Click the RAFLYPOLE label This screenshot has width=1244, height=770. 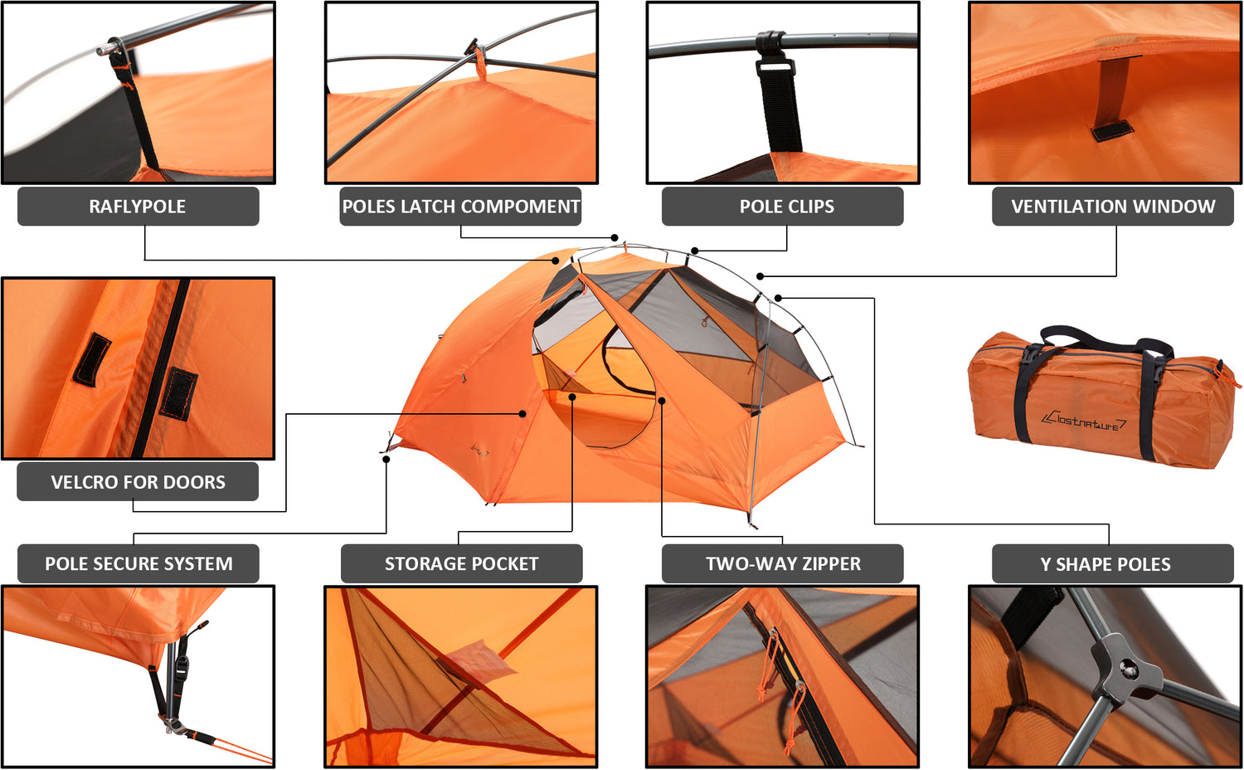138,207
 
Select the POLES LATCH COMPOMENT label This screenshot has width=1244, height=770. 460,207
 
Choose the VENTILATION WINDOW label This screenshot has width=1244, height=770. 1113,207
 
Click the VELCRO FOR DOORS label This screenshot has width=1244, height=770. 138,482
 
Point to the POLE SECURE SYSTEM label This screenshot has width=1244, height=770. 138,564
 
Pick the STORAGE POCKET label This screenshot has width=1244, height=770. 461,564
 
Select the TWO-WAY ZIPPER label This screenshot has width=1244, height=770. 783,564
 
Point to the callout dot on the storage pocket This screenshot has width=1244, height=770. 572,396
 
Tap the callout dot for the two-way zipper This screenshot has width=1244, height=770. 662,400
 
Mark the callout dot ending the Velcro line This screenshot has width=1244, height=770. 522,414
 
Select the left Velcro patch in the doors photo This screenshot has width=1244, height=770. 91,360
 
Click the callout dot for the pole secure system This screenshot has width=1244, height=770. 386,460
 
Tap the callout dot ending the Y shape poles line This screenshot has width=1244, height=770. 779,299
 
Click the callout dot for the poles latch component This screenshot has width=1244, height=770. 615,238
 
